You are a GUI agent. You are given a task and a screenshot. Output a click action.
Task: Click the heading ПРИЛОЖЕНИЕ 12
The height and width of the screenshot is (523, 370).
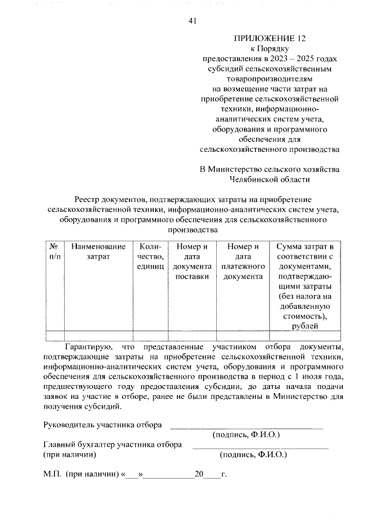tap(268, 39)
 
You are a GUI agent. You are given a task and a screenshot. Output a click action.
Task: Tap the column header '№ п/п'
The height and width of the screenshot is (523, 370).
tap(54, 251)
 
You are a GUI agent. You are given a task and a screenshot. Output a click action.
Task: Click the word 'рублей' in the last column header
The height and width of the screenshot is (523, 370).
tap(305, 326)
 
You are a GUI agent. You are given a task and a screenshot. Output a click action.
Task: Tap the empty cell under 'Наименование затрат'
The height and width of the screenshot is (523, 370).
tap(98, 335)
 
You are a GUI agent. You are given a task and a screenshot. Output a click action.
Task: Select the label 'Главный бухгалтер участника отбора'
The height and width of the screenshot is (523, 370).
tap(113, 444)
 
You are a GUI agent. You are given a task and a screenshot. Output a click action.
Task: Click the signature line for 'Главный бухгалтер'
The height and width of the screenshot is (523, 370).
tap(260, 447)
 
